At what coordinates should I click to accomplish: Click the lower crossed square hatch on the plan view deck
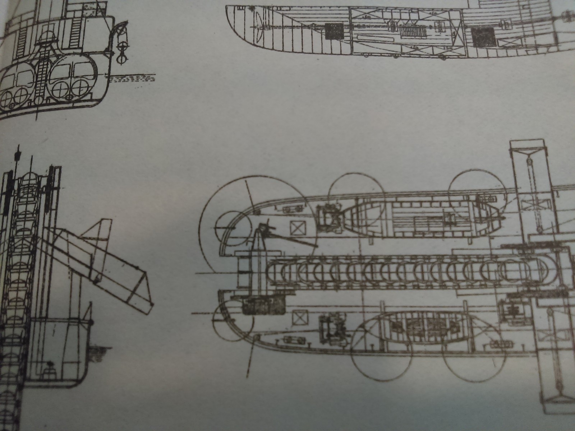click(299, 318)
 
